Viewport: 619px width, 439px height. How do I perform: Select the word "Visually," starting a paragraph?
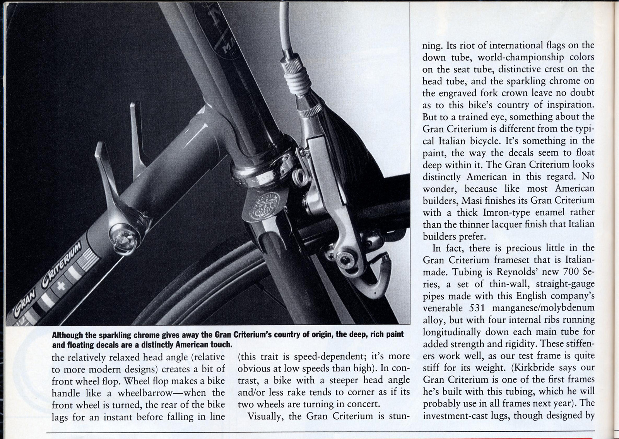pyautogui.click(x=267, y=417)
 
